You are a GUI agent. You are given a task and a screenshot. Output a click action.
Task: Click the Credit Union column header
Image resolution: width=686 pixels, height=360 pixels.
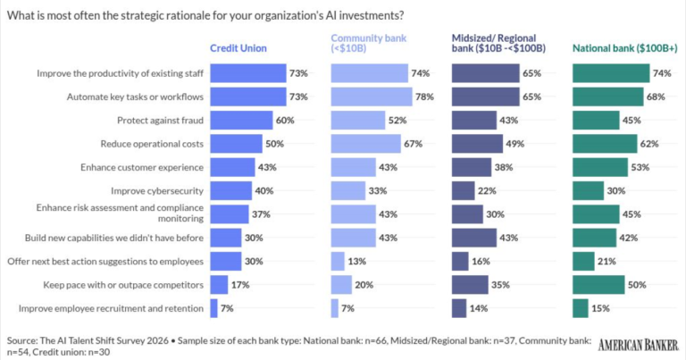[x=238, y=48]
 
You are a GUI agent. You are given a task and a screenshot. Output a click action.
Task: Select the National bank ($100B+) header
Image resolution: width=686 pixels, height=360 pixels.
[x=624, y=48]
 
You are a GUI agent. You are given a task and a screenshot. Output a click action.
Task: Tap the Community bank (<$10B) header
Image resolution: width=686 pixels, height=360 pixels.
[x=369, y=43]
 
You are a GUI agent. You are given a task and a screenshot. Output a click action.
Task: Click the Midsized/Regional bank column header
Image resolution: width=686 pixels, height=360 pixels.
[x=498, y=43]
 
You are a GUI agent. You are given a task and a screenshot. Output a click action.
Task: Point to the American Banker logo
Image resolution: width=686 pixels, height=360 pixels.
[x=639, y=345]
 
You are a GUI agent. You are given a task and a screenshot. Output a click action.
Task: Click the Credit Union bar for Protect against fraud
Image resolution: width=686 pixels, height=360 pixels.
[x=241, y=121]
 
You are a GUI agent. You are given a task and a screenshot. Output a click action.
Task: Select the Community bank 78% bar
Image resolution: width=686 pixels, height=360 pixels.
[x=372, y=96]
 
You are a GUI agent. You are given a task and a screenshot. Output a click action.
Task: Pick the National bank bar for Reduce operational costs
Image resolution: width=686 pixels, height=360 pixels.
[x=605, y=144]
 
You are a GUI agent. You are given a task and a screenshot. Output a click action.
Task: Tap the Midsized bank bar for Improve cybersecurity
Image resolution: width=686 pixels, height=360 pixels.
[x=464, y=190]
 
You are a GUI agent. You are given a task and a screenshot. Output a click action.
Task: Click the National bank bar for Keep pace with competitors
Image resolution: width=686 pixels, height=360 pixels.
[x=598, y=285]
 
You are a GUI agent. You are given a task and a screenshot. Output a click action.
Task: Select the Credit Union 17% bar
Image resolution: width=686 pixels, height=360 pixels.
[x=219, y=285]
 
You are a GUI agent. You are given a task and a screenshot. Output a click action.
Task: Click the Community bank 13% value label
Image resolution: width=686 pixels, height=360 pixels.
[x=357, y=262]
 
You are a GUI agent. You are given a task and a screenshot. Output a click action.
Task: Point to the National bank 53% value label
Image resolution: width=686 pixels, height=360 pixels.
[x=640, y=168]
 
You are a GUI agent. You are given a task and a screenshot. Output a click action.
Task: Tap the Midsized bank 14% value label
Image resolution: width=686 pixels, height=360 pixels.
[x=479, y=308]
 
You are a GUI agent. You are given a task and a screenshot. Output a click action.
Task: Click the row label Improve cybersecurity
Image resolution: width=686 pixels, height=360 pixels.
[x=157, y=191]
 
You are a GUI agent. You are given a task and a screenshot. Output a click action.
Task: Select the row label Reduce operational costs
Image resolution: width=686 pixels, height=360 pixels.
[x=152, y=144]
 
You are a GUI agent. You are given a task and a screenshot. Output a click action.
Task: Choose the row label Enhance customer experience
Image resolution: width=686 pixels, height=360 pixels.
[x=142, y=168]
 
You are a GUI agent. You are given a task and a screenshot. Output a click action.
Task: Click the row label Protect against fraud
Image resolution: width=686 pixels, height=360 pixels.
[x=160, y=121]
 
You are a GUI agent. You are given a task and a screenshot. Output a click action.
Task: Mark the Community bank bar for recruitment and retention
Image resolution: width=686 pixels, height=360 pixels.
[x=335, y=308]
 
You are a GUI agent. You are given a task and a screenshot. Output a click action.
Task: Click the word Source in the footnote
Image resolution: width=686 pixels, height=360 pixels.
[x=21, y=340]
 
